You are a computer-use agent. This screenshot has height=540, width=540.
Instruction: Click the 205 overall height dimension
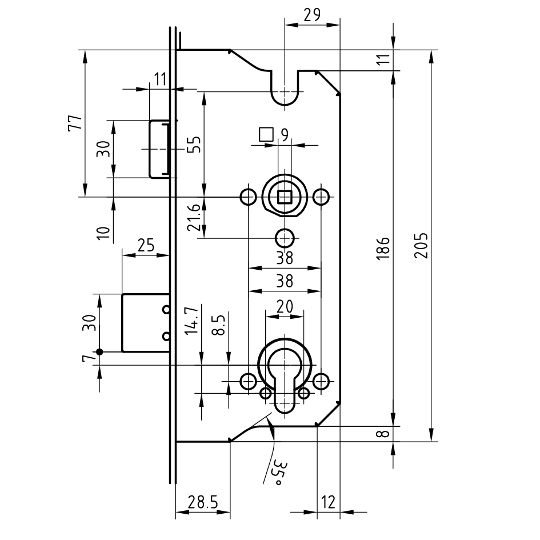click(x=421, y=246)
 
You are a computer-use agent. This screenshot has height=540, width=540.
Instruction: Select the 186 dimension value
click(x=383, y=249)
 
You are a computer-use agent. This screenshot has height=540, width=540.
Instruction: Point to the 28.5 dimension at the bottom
click(x=203, y=503)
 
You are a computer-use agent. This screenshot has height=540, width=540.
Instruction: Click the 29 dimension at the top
click(x=313, y=15)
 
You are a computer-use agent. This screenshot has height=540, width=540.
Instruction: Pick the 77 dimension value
click(x=75, y=123)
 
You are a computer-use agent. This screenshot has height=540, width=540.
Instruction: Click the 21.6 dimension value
click(x=194, y=218)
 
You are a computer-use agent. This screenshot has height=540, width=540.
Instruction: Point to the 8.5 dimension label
click(x=219, y=325)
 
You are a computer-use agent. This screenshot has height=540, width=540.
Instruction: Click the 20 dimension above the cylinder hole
click(x=285, y=306)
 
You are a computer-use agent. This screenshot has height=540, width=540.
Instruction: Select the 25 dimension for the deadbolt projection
click(x=146, y=245)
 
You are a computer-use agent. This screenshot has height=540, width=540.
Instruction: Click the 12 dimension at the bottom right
click(x=328, y=502)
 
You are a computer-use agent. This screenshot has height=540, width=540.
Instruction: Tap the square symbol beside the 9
click(x=266, y=134)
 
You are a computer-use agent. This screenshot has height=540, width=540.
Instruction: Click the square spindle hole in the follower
click(x=285, y=197)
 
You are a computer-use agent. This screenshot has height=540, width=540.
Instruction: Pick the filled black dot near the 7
click(x=99, y=352)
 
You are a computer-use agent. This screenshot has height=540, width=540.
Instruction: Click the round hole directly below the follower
click(x=285, y=238)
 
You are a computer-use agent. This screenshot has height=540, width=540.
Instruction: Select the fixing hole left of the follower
click(x=248, y=197)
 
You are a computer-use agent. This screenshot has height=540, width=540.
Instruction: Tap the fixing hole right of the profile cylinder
click(x=321, y=381)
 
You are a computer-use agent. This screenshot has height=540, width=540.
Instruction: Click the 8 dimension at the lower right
click(x=383, y=434)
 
